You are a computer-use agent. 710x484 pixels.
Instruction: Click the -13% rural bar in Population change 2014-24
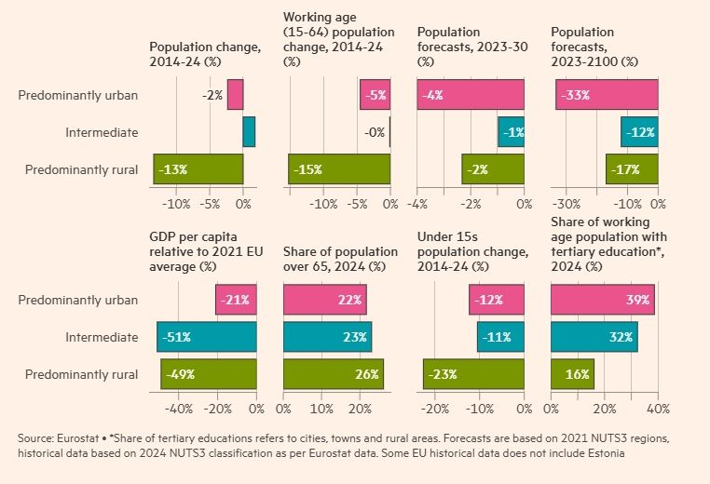tap(198, 169)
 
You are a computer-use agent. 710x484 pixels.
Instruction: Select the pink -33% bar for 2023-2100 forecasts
tap(607, 95)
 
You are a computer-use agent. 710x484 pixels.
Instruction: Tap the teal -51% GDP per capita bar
tap(206, 337)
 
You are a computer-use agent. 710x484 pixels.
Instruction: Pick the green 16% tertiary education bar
tap(572, 374)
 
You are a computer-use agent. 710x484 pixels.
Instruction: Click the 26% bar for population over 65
tap(333, 374)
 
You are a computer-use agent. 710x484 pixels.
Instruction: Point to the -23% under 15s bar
tap(473, 374)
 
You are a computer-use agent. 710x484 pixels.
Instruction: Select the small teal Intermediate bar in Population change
tap(249, 132)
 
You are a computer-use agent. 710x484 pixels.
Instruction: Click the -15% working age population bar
tap(339, 169)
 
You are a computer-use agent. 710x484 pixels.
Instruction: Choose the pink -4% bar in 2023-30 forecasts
tap(471, 95)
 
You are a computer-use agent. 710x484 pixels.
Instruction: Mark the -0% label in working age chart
tap(375, 132)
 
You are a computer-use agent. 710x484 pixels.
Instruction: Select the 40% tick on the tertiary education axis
tap(658, 409)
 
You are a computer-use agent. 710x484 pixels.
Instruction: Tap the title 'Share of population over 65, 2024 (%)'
tap(334, 260)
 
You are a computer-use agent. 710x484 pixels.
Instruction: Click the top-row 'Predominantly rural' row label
tap(81, 169)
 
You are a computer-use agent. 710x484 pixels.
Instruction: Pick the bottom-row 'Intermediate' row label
tap(102, 337)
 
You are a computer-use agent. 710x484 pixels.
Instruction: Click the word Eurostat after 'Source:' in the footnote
tap(78, 437)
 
